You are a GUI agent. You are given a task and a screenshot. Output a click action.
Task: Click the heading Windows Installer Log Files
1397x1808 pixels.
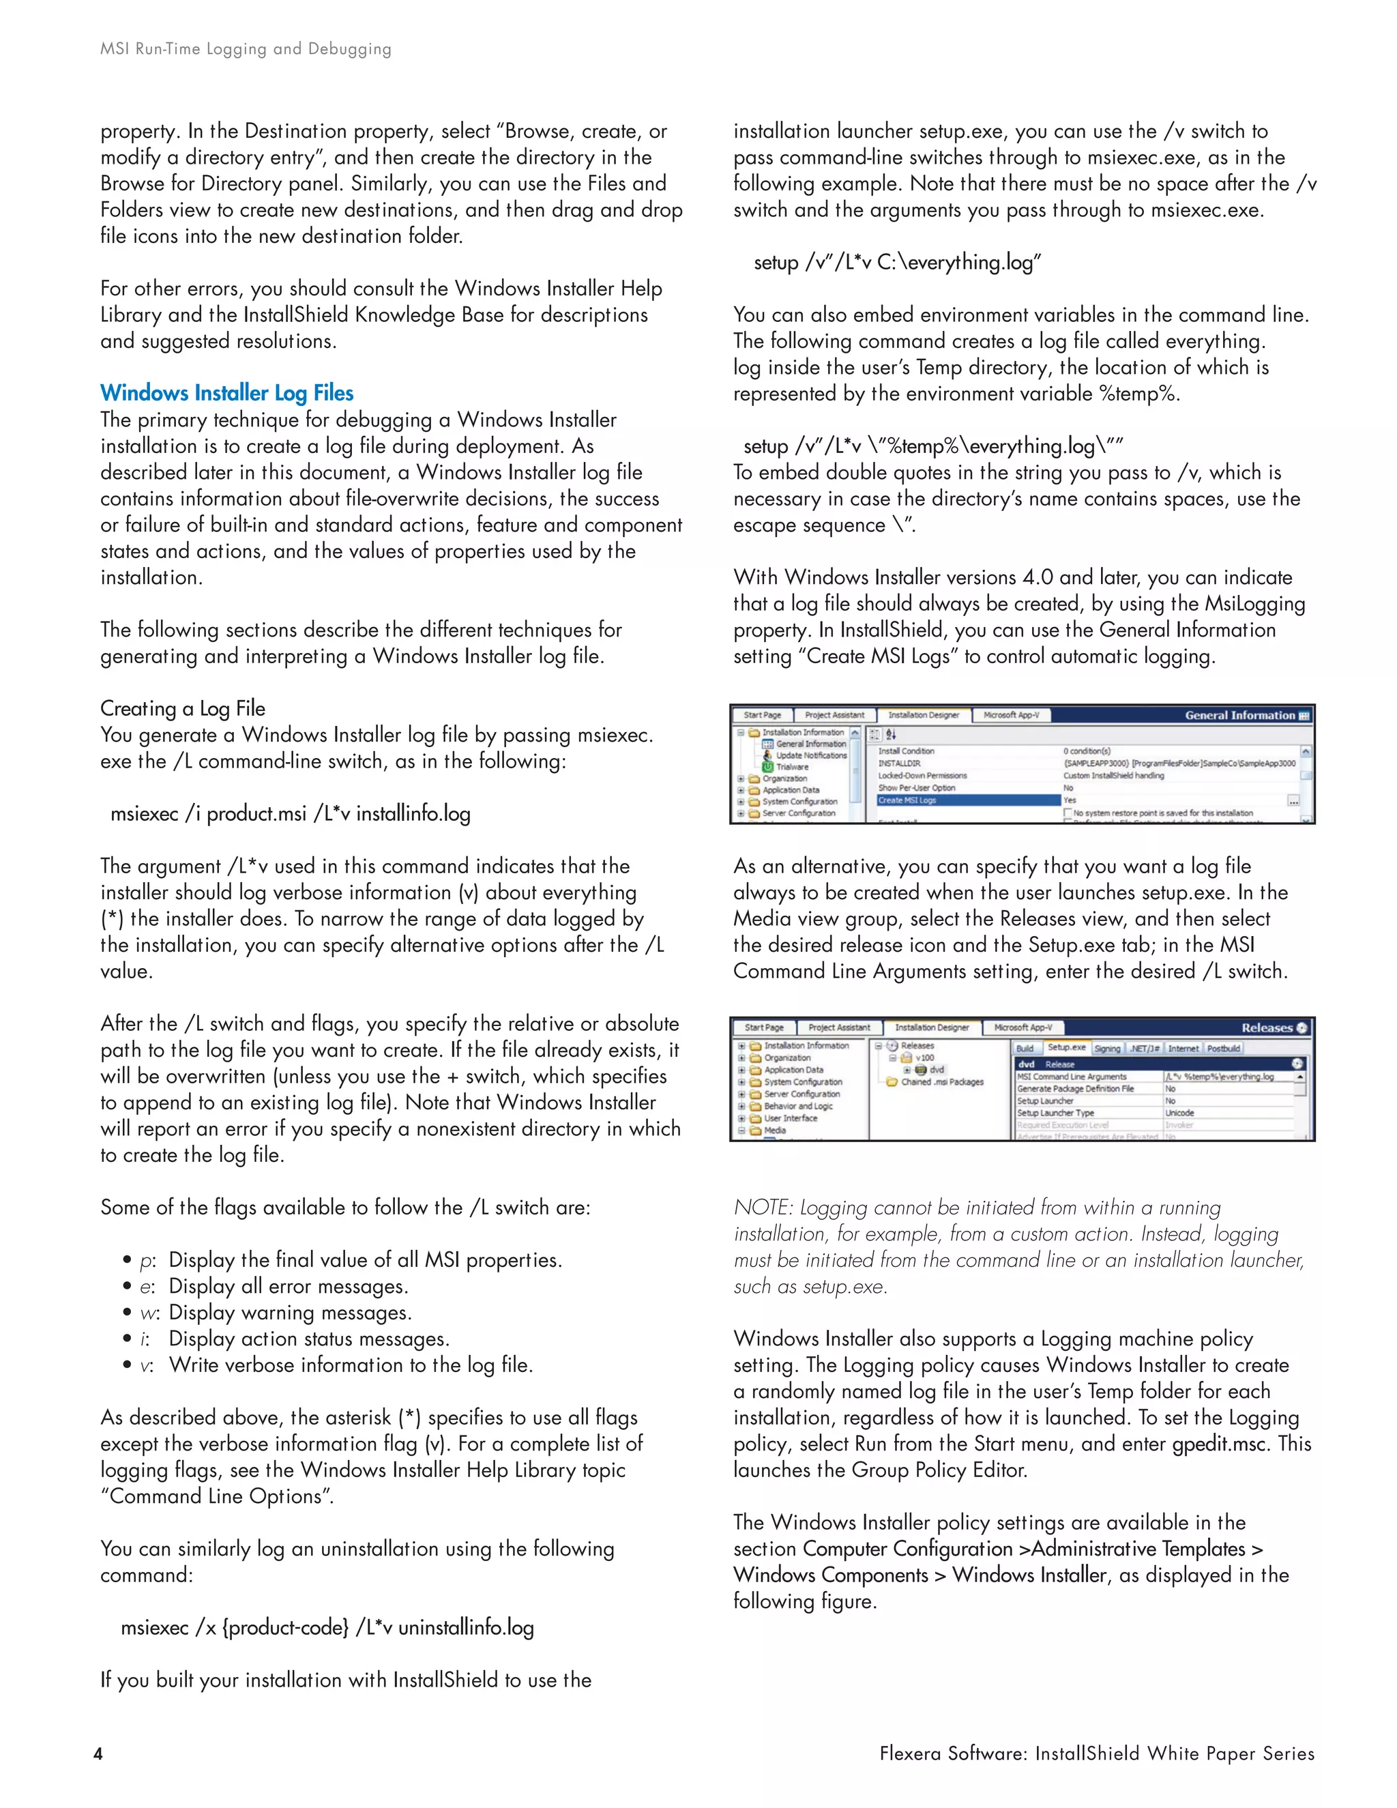[226, 392]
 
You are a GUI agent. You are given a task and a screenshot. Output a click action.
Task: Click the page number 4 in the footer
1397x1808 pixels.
[98, 1753]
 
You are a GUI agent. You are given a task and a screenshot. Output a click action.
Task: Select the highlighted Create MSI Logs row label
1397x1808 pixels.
[907, 800]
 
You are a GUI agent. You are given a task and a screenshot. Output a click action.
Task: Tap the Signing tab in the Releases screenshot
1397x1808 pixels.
[1106, 1048]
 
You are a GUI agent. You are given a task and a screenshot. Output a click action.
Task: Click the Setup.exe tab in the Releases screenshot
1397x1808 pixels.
[1066, 1047]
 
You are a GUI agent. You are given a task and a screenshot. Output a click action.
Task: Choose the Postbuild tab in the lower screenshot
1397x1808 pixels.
[1222, 1048]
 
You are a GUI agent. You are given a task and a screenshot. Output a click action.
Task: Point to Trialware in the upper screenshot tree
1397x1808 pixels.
[792, 767]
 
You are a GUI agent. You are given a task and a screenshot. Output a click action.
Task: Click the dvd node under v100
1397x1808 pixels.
[936, 1070]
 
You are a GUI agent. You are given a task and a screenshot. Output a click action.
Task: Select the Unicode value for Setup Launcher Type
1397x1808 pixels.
[1179, 1113]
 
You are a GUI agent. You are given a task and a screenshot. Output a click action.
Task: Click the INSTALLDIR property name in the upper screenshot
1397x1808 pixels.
[899, 763]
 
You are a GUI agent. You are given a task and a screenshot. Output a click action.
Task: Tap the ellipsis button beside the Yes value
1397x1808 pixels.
[1293, 800]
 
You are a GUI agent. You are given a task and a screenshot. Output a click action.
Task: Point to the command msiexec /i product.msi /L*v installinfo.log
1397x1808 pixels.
[291, 814]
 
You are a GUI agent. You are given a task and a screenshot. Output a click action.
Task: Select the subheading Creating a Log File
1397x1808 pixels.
[183, 709]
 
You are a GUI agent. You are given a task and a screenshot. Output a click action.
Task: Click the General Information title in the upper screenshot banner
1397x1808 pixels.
[1239, 715]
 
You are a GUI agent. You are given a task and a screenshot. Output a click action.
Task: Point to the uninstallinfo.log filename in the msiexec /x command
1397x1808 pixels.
[466, 1627]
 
